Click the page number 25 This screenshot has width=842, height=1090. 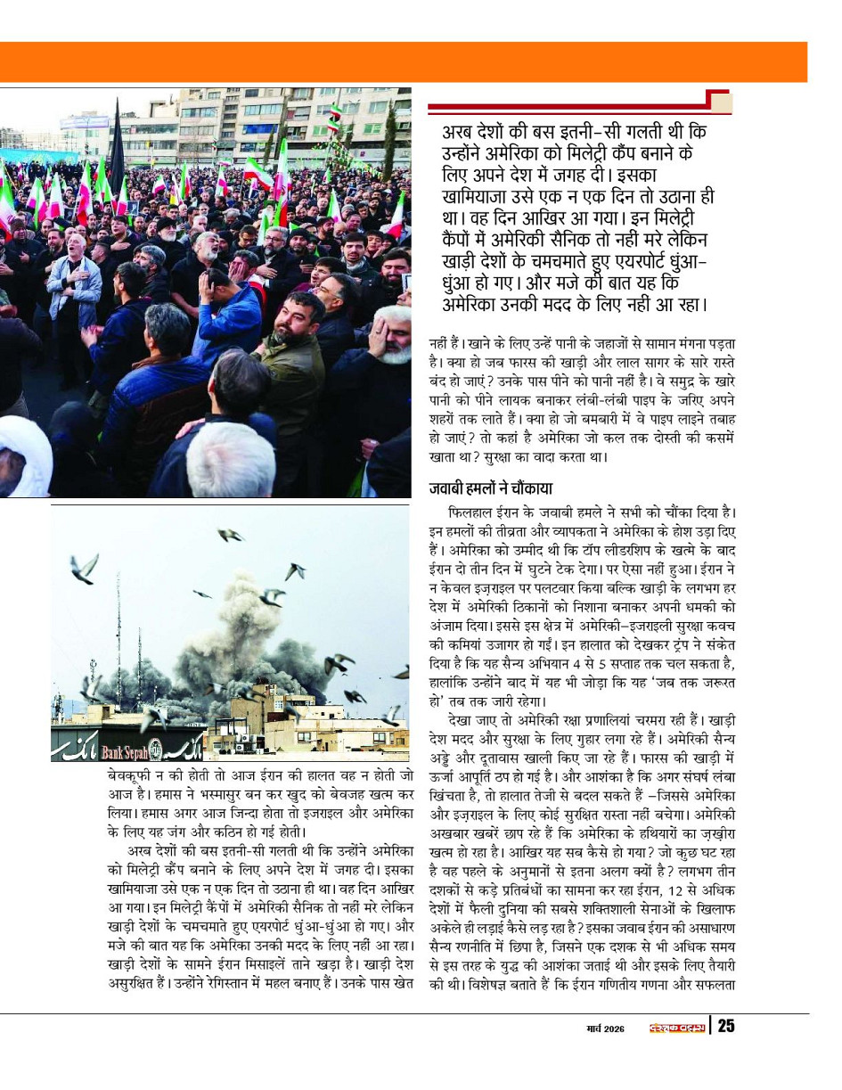point(726,1026)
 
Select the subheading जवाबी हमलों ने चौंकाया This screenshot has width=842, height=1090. point(490,488)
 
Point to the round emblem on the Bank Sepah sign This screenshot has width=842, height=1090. point(156,747)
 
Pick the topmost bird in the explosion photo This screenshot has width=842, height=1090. point(230,535)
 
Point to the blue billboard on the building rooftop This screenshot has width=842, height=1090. point(85,122)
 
